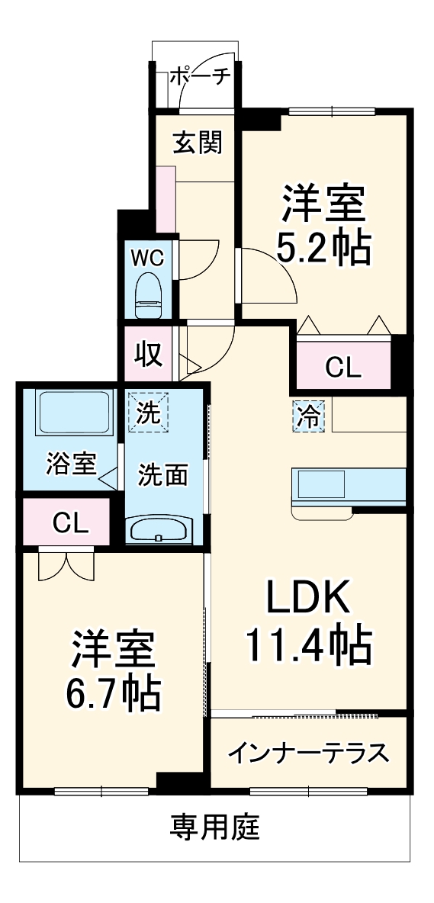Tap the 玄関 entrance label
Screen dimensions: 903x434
[x=197, y=143]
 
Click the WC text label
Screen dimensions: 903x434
[x=148, y=258]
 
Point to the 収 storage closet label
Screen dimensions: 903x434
[x=149, y=355]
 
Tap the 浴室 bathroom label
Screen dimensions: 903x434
[x=71, y=464]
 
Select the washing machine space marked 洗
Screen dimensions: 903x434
[x=149, y=413]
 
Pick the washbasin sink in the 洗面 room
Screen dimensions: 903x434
[x=159, y=530]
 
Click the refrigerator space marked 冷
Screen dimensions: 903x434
[x=310, y=416]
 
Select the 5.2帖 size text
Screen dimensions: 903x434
[x=323, y=246]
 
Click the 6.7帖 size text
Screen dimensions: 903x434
[x=114, y=692]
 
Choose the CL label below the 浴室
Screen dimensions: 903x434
[x=70, y=522]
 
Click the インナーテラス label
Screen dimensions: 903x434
[x=308, y=753]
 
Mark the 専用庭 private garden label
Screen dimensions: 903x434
[x=214, y=826]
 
